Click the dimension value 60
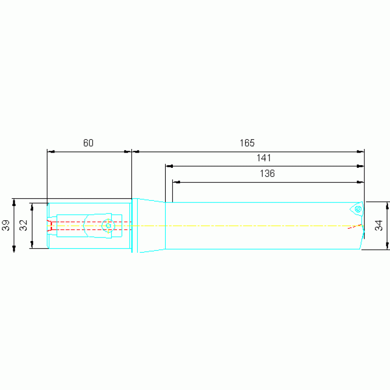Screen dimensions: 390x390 point(88,143)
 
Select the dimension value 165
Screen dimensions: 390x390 point(247,143)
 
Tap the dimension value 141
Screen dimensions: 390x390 point(264,158)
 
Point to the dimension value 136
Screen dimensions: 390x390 point(267,173)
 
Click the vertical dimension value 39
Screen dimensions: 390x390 point(6,225)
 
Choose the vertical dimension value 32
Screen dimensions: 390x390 point(23,225)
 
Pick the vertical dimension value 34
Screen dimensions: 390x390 point(378,225)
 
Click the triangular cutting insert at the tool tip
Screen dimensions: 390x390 point(356,209)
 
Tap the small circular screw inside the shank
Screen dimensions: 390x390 point(108,226)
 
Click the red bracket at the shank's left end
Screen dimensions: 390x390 point(49,226)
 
